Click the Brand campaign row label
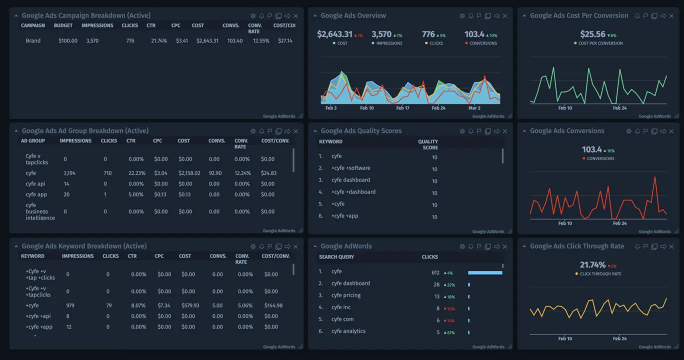coord(33,40)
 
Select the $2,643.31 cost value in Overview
coord(334,34)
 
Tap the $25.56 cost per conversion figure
coord(592,34)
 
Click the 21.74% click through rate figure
coord(592,265)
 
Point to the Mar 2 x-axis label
coord(474,108)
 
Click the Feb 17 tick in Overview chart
coord(402,108)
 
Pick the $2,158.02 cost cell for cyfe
coord(189,173)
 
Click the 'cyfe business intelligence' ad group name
coord(40,211)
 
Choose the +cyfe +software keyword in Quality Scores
coord(350,168)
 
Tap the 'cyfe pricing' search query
coord(345,295)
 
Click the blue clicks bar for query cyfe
coord(485,272)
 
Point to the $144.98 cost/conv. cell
coord(272,305)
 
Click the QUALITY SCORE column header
coord(427,144)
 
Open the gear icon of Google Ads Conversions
coord(628,131)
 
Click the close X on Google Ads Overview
coord(505,16)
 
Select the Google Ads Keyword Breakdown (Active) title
coord(84,246)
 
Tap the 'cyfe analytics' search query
coord(348,331)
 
